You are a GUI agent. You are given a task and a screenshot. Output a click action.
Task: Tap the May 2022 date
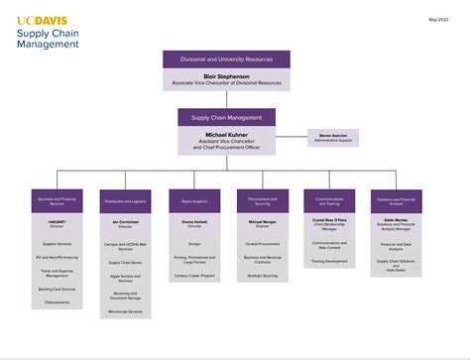point(439,19)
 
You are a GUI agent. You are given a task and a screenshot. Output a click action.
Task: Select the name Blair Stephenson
point(226,74)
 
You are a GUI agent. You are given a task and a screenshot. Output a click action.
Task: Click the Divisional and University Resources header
point(226,59)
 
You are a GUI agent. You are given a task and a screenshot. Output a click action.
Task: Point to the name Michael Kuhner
point(226,133)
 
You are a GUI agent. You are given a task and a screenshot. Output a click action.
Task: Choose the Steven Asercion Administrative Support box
point(332,136)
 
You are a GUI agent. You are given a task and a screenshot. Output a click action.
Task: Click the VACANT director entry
point(57,222)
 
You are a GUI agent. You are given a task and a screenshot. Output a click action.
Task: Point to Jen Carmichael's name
point(126,222)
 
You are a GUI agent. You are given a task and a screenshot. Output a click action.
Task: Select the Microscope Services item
point(126,311)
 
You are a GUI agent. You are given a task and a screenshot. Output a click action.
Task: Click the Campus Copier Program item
point(194,275)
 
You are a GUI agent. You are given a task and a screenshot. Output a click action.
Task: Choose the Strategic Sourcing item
point(263,275)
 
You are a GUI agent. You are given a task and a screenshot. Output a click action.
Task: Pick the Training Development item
point(329,262)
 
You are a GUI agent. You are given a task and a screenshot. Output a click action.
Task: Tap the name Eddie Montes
point(397,221)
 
